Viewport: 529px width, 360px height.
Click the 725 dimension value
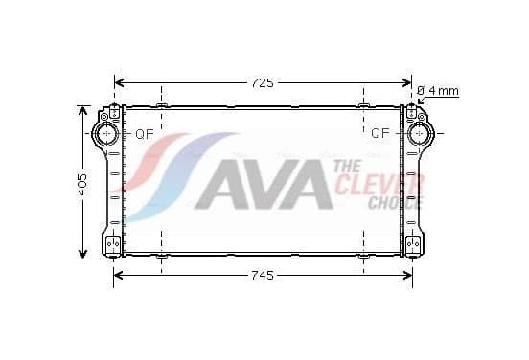pyautogui.click(x=263, y=83)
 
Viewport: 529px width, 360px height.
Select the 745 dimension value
pyautogui.click(x=263, y=276)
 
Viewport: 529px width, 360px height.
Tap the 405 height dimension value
pyautogui.click(x=82, y=185)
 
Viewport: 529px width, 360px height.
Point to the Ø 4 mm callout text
pyautogui.click(x=438, y=91)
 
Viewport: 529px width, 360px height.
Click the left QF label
pyautogui.click(x=145, y=134)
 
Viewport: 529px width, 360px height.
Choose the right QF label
pyautogui.click(x=380, y=133)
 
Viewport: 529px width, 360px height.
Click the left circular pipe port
pyautogui.click(x=107, y=133)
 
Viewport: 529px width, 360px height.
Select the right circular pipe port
pyautogui.click(x=420, y=133)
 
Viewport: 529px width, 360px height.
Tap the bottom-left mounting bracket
pyautogui.click(x=113, y=243)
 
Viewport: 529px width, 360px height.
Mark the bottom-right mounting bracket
pyautogui.click(x=413, y=243)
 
